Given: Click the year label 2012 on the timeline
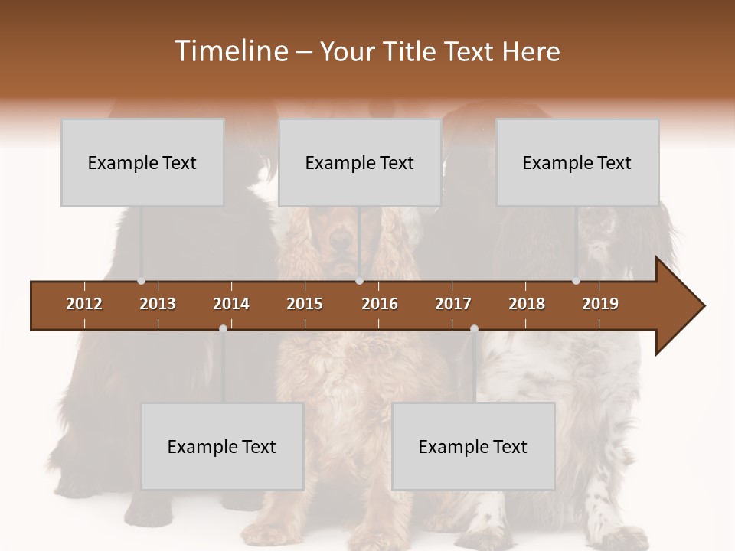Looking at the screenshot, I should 84,304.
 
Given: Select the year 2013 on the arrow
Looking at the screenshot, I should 158,304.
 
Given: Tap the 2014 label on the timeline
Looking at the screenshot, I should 231,304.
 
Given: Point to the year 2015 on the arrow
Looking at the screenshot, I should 305,304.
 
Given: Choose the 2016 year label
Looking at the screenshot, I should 380,304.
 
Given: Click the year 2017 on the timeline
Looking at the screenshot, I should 453,304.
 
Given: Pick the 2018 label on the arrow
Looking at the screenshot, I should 527,304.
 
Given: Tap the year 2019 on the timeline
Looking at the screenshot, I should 600,304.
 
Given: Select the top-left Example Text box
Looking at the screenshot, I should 142,162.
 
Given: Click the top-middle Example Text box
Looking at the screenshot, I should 360,162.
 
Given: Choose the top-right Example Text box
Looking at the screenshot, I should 577,162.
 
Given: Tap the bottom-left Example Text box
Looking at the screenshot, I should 222,446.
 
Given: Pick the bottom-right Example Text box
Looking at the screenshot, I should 473,446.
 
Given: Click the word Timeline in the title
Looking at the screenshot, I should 230,51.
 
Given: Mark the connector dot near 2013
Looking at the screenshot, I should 141,281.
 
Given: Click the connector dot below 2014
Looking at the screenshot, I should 223,328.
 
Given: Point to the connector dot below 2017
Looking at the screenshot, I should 474,328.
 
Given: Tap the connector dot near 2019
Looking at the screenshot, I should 576,281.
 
